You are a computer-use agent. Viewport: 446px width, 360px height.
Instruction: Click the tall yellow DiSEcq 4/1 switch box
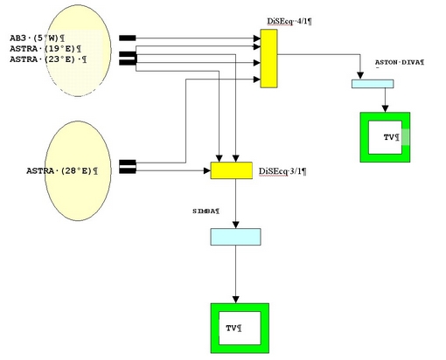[268, 59]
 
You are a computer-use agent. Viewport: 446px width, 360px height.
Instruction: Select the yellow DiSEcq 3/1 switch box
[232, 170]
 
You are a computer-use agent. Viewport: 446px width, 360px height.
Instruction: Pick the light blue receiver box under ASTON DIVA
[373, 84]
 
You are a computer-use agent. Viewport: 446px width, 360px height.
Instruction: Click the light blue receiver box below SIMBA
[235, 237]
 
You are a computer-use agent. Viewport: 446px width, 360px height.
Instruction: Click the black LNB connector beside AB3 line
[128, 38]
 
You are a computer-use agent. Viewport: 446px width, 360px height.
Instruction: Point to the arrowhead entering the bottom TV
[236, 300]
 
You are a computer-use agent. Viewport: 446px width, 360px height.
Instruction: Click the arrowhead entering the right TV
[385, 108]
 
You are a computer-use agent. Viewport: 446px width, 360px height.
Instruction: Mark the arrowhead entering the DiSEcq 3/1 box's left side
[207, 170]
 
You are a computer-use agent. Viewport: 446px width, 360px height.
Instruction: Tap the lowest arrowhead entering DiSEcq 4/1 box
[257, 79]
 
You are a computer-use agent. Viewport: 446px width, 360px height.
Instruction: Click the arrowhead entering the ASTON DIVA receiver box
[360, 76]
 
